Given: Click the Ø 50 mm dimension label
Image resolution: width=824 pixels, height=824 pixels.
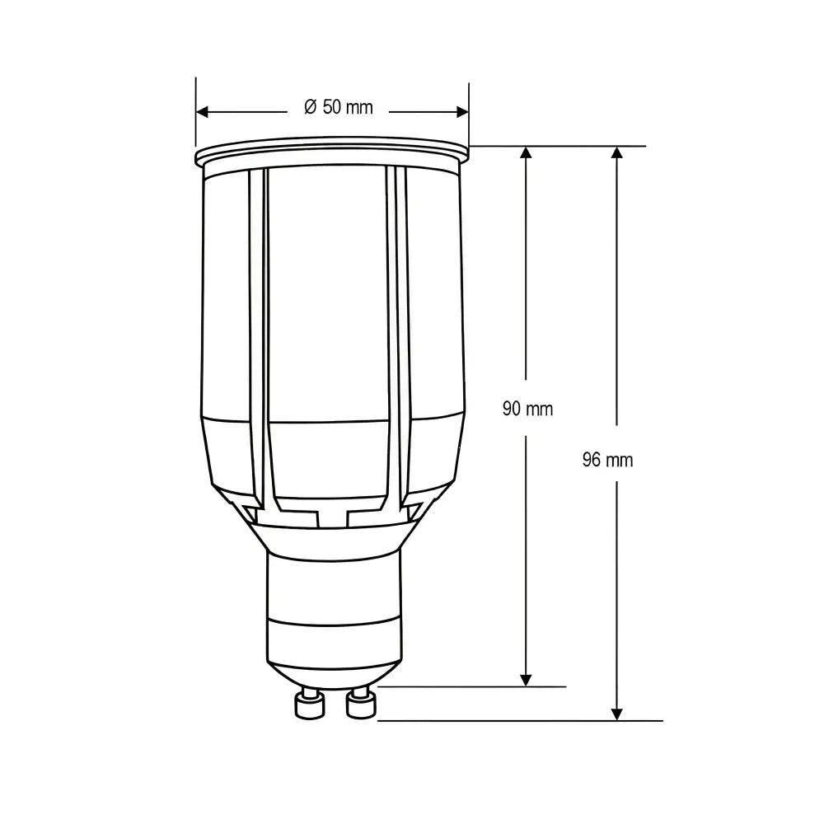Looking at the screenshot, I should tap(338, 107).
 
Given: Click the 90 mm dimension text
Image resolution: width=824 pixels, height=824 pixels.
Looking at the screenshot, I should tap(527, 409).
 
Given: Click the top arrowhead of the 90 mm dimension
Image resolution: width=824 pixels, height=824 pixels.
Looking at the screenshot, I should tap(526, 153).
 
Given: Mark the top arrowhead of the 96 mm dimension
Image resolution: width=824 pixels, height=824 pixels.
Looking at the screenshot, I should tap(617, 153).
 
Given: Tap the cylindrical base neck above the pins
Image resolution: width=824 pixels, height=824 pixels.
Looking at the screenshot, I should tap(334, 585).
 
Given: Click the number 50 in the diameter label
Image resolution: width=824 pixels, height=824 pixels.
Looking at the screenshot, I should tap(331, 107).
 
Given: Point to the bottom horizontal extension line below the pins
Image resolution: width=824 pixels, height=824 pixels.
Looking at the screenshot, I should tap(519, 720).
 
